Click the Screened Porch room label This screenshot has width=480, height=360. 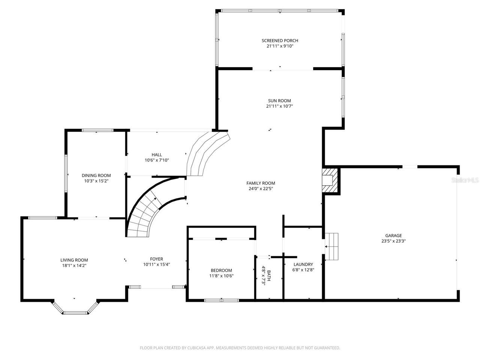point(280,40)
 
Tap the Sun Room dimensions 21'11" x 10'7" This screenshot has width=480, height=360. point(279,106)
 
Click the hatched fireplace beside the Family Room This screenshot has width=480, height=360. point(330,181)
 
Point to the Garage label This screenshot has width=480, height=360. point(393,235)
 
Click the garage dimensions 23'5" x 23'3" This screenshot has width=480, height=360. point(393,241)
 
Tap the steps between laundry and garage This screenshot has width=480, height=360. point(332,246)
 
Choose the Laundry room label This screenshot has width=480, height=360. point(303,264)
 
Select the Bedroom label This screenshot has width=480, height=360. point(221,270)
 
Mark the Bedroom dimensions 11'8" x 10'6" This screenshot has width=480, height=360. point(221,276)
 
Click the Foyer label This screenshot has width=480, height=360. point(156,259)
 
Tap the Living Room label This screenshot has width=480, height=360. point(74,260)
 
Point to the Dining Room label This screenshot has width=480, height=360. point(96,175)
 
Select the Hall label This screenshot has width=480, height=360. point(157,154)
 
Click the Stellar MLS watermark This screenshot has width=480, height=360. point(465,180)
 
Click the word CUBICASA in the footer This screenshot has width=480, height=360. point(195,348)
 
